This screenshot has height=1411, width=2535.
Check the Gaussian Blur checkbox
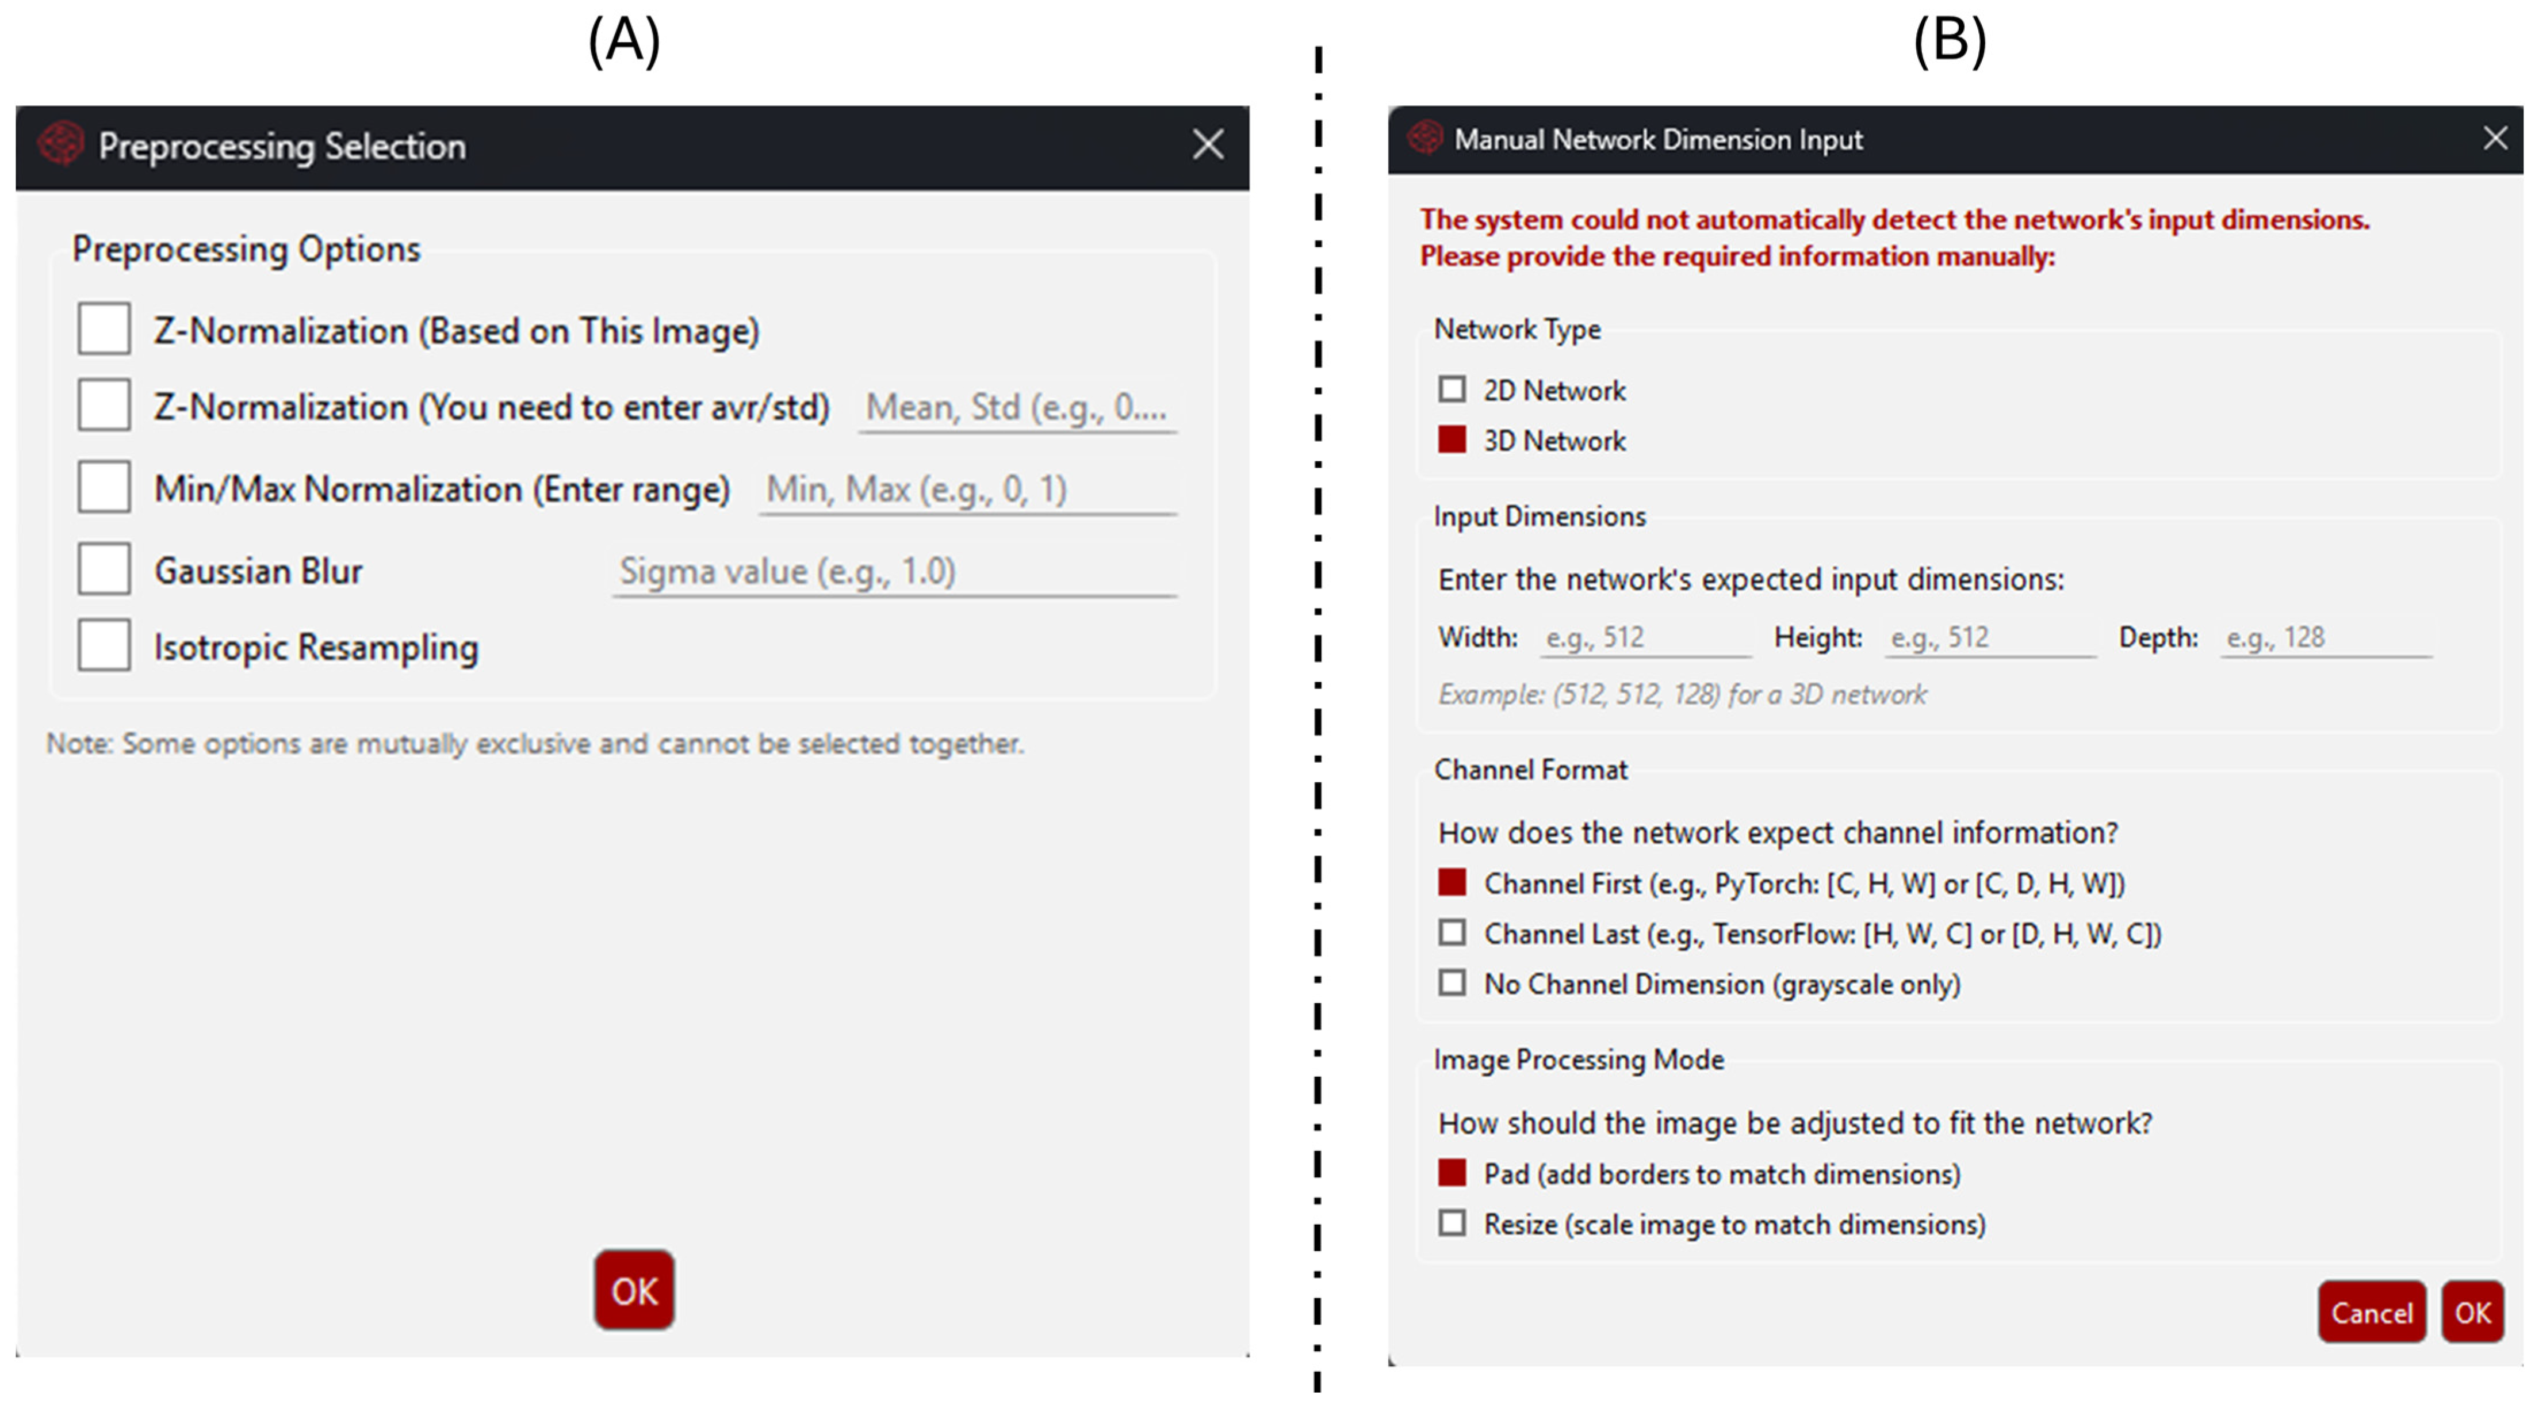coord(104,569)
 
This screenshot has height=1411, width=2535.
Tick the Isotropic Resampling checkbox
coord(104,645)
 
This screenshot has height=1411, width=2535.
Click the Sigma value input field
coord(894,572)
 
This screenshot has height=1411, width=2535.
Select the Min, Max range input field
coord(967,489)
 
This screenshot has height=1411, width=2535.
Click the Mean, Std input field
coord(1017,407)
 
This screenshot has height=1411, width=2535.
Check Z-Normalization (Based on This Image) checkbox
coord(104,328)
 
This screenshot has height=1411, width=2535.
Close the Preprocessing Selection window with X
coord(1208,144)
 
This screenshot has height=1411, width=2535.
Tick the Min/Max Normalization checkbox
coord(104,487)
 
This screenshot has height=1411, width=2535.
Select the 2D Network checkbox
coord(1452,389)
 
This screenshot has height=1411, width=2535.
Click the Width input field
coord(1645,637)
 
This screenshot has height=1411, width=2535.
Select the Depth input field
coord(2326,637)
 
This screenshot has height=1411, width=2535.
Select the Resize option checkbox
coord(1452,1223)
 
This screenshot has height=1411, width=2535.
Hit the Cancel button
coord(2372,1311)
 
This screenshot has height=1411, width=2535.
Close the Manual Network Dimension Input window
coord(2495,137)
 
